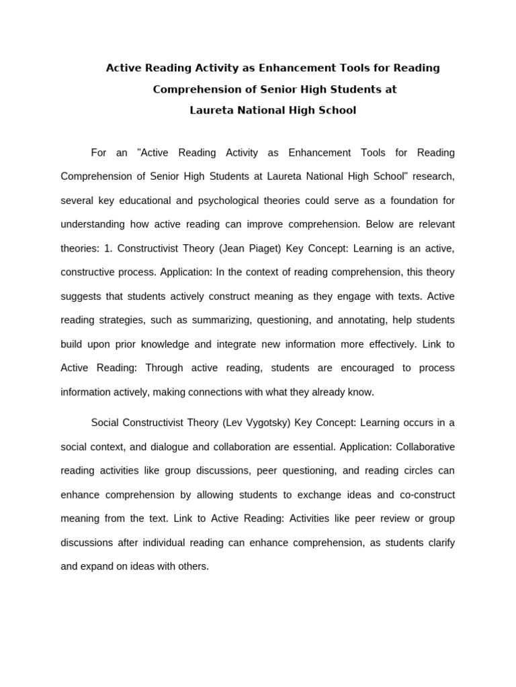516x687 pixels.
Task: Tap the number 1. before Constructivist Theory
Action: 108,248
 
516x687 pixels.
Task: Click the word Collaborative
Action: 425,447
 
